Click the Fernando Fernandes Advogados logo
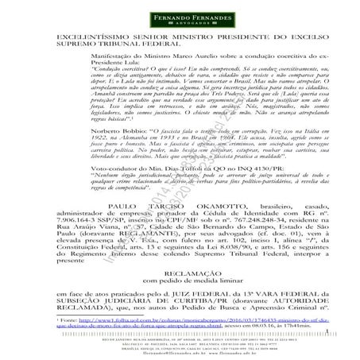[x=180, y=17]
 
